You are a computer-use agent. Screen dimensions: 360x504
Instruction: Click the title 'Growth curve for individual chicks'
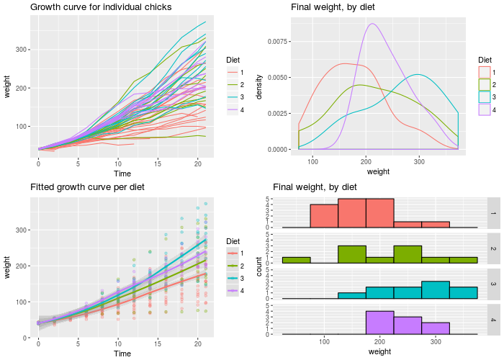(x=101, y=7)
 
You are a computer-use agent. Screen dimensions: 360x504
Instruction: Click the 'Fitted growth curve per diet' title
(x=87, y=187)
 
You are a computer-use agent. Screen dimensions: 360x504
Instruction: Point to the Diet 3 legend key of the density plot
(x=485, y=96)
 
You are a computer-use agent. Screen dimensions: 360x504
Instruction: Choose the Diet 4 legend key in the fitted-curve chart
(x=232, y=291)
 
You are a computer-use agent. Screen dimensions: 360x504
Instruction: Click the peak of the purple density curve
(x=372, y=24)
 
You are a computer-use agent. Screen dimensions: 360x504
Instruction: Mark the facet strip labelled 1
(x=494, y=212)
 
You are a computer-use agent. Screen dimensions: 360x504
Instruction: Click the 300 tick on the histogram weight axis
(x=436, y=343)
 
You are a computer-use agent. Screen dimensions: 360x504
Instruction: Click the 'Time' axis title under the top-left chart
(x=122, y=174)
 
